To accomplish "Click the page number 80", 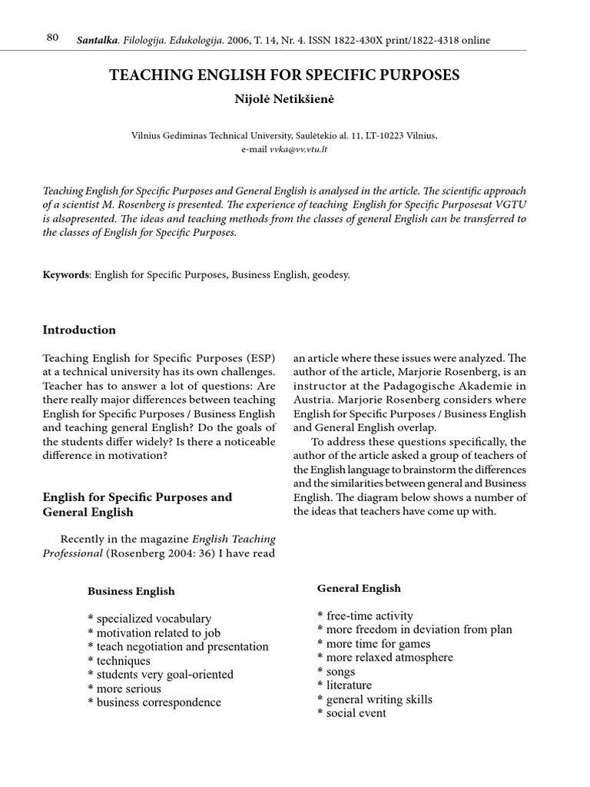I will coord(52,38).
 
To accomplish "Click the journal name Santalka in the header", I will coord(96,40).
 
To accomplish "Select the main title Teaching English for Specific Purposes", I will coord(285,75).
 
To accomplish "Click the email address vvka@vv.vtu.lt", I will coord(298,149).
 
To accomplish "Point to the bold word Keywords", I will coord(66,274).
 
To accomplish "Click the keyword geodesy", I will coord(328,274).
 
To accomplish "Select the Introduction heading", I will coord(79,330).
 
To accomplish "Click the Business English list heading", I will coord(131,591).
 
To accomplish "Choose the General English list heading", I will coord(359,588).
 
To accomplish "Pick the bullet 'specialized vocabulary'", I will coord(153,619).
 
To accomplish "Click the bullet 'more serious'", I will coord(128,689).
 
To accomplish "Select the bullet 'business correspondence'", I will coord(158,702).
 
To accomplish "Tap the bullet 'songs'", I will coord(340,672).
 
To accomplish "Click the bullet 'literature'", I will coord(349,686).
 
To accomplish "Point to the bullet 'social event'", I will coord(356,713).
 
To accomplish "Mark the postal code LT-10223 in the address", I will coord(370,135).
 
